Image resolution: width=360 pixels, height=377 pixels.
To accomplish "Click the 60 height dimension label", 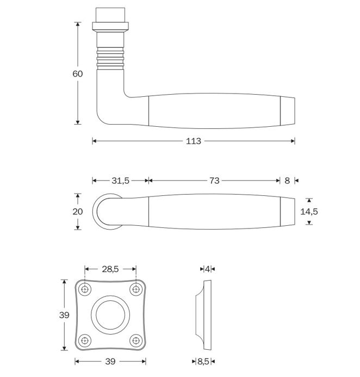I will click(78, 73).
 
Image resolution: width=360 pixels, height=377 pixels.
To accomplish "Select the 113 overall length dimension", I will click(194, 141).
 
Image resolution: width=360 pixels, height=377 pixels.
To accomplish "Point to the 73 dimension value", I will click(214, 181).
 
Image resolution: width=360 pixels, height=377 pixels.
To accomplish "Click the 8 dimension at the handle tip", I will click(287, 181).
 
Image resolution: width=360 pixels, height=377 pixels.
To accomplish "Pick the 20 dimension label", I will click(78, 211).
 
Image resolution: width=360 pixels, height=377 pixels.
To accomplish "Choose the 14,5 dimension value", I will click(309, 211).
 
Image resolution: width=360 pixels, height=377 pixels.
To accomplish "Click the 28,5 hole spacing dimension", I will click(110, 268).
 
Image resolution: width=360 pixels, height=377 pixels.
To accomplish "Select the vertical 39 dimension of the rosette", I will click(65, 315).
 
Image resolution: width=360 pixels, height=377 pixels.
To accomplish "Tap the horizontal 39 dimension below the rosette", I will click(110, 361).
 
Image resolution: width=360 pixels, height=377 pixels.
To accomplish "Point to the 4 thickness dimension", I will click(208, 268).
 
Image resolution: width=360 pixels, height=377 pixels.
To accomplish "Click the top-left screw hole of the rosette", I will click(85, 288).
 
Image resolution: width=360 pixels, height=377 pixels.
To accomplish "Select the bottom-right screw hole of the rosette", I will click(135, 341).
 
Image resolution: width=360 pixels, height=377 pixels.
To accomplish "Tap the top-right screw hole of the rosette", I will click(135, 288).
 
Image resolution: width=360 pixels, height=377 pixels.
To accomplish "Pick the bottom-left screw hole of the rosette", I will click(85, 341).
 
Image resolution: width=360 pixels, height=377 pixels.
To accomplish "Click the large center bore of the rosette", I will click(110, 314).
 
